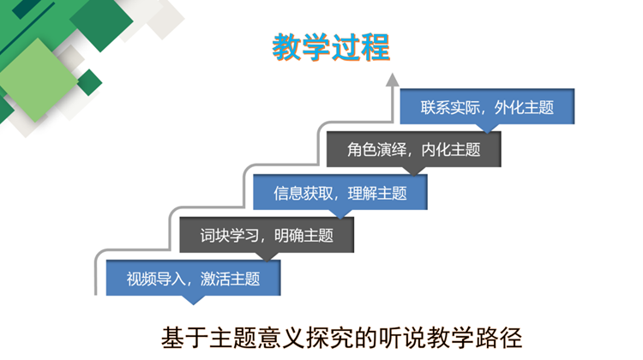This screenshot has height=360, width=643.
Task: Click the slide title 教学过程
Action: pyautogui.click(x=331, y=47)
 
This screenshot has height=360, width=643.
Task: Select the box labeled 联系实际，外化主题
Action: pyautogui.click(x=487, y=106)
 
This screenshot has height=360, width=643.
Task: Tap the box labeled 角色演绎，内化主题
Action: pyautogui.click(x=414, y=149)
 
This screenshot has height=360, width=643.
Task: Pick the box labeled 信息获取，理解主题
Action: pyautogui.click(x=340, y=192)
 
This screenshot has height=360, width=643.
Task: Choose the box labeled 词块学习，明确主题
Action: pyautogui.click(x=267, y=235)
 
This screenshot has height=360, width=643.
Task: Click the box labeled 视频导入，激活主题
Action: pyautogui.click(x=193, y=278)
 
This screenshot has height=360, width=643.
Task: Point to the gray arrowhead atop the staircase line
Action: pyautogui.click(x=393, y=80)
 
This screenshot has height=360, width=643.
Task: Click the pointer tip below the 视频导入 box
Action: pyautogui.click(x=193, y=304)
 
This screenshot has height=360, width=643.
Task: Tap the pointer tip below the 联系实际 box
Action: pyautogui.click(x=487, y=133)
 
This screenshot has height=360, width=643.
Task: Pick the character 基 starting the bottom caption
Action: pyautogui.click(x=172, y=338)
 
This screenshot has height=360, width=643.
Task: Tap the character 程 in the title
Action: pyautogui.click(x=376, y=47)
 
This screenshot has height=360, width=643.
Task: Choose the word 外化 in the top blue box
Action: pyautogui.click(x=509, y=107)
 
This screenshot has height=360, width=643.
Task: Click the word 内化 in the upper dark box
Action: pyautogui.click(x=436, y=150)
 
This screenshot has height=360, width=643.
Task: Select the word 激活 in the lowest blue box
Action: pyautogui.click(x=215, y=279)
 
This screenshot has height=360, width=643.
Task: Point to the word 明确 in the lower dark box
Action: pyautogui.click(x=289, y=236)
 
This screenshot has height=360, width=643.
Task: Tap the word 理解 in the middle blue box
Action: pyautogui.click(x=363, y=193)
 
